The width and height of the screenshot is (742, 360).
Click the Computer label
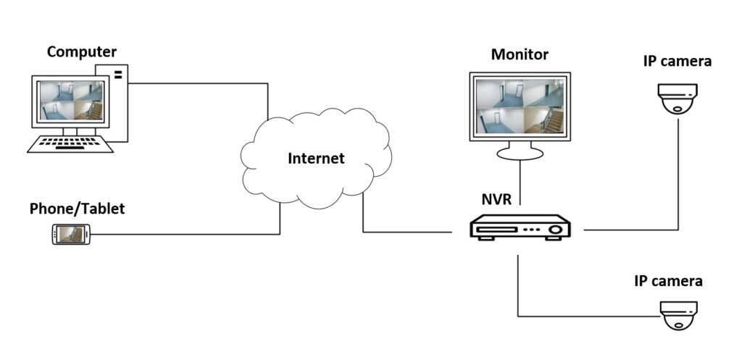click(x=81, y=52)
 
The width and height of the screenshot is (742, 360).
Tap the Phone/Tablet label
click(x=77, y=209)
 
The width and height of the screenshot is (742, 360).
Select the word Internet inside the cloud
click(x=316, y=158)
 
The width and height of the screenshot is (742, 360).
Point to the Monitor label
click(x=520, y=54)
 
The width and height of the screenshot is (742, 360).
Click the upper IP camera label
click(x=677, y=61)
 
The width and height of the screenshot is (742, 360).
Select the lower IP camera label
click(x=668, y=280)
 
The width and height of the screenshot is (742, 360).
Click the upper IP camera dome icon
click(x=678, y=98)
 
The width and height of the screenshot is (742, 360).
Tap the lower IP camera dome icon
click(x=678, y=316)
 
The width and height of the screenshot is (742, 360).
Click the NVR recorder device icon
click(x=520, y=228)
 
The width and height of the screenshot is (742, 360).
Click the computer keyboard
click(x=70, y=144)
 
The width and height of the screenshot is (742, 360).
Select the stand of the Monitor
click(x=520, y=151)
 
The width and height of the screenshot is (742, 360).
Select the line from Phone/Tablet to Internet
click(x=181, y=234)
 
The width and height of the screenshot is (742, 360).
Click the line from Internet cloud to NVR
click(x=406, y=233)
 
